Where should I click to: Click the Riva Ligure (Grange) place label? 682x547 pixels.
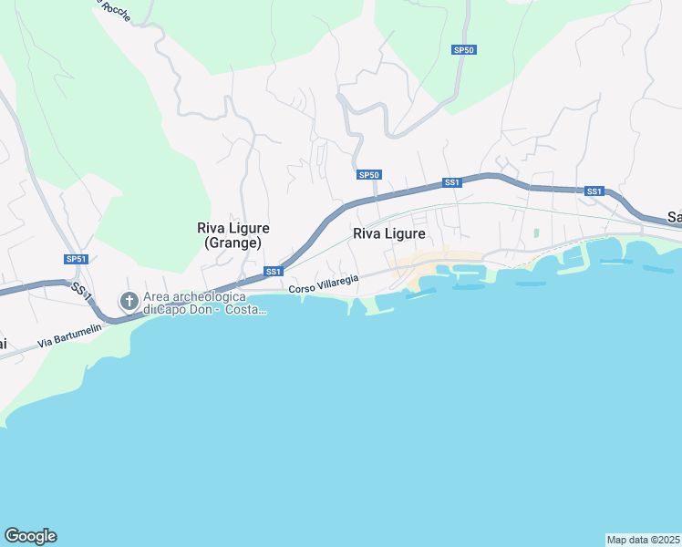(x=229, y=235)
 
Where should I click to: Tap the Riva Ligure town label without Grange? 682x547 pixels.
(x=389, y=233)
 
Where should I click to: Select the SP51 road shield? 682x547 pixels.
(x=76, y=259)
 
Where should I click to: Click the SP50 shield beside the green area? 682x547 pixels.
(x=464, y=49)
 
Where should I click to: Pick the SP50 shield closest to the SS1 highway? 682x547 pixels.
(x=368, y=174)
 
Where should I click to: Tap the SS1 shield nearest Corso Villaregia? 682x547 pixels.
(x=274, y=271)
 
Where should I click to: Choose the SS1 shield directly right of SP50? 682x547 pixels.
(x=451, y=182)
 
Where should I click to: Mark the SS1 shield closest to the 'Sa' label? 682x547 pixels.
(x=594, y=191)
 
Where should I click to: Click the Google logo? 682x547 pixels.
(x=30, y=536)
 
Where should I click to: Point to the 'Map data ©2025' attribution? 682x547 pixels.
(x=643, y=539)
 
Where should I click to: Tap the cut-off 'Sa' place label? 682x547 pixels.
(x=675, y=217)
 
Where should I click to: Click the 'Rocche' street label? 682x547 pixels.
(x=115, y=10)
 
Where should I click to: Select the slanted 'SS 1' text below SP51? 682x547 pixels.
(x=81, y=292)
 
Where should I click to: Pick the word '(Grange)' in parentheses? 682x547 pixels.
(x=229, y=243)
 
